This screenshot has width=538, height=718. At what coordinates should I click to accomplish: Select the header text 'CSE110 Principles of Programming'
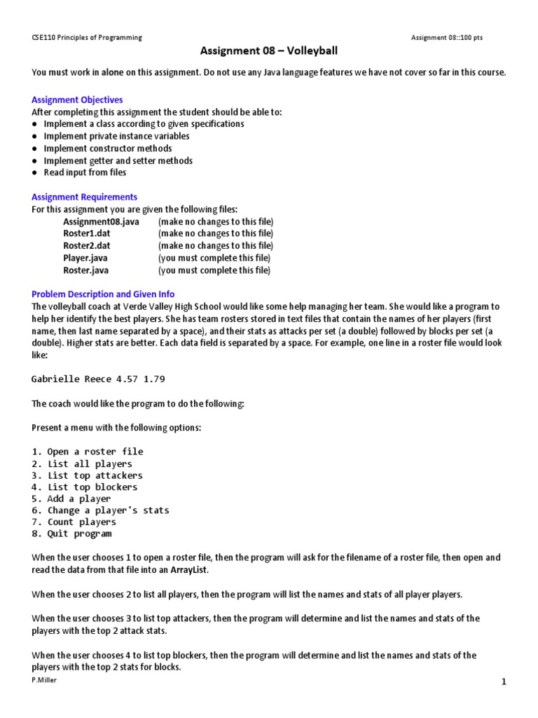tap(87, 37)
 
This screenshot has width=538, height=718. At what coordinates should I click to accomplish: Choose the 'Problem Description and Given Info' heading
tap(103, 294)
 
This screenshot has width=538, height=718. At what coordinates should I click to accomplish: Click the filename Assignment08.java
tap(101, 222)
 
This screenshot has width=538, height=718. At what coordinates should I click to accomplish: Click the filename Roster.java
tap(86, 270)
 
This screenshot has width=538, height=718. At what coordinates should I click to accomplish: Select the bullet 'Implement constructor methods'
tap(107, 149)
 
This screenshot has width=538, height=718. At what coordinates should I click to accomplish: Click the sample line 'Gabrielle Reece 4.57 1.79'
tap(98, 379)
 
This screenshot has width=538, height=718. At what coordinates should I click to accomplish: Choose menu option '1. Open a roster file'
tap(87, 452)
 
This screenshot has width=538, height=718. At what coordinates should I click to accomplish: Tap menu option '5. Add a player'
tap(71, 499)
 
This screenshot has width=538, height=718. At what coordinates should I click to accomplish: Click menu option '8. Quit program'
tap(71, 534)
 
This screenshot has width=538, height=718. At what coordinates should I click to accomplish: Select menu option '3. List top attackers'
tap(87, 475)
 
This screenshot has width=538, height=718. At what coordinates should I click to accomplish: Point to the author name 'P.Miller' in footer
tap(43, 680)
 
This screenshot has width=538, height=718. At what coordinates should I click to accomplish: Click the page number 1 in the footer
tap(503, 682)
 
